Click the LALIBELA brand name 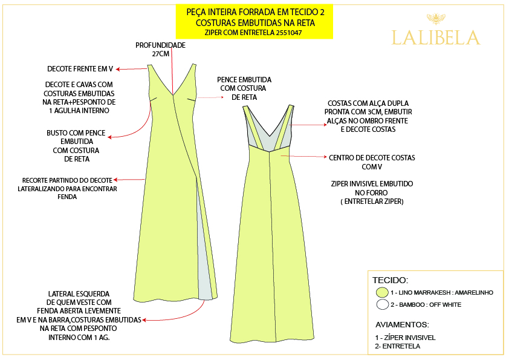click(436, 38)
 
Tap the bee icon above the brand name click(435, 18)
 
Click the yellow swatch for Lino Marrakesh click(382, 292)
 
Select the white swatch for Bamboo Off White click(382, 304)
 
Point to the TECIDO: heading click(390, 280)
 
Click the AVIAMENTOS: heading click(402, 324)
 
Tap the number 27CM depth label click(160, 54)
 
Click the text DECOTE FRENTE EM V click(80, 68)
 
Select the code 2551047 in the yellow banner click(283, 33)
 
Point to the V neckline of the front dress click(173, 91)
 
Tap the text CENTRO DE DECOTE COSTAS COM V click(372, 162)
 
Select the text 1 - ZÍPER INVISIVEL click(405, 337)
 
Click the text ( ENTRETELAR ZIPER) click(372, 201)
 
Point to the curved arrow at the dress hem click(187, 312)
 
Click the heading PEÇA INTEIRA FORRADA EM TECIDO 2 click(254, 11)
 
